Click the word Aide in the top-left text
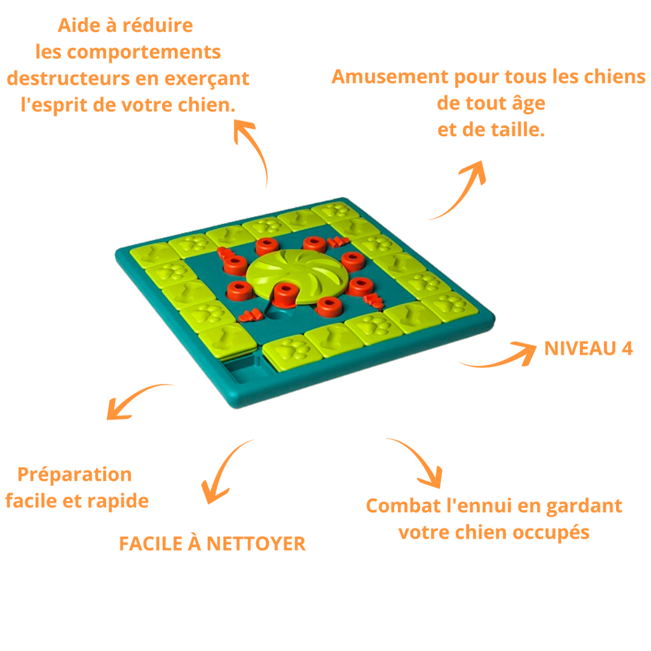click(x=79, y=25)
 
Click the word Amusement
click(x=390, y=76)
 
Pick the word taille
click(x=517, y=130)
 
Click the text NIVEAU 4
click(x=588, y=348)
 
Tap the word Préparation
click(x=75, y=475)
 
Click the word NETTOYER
click(x=256, y=544)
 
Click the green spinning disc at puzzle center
click(x=297, y=275)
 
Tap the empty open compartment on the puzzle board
click(x=241, y=367)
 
